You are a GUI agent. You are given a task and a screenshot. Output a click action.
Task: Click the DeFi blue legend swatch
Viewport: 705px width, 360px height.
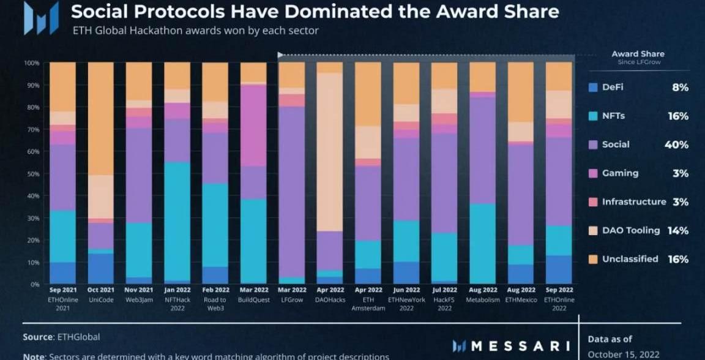click(592, 88)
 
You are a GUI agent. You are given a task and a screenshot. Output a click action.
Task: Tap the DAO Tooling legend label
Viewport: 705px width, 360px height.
click(630, 231)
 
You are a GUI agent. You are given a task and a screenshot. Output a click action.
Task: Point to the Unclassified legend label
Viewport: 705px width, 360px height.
click(630, 259)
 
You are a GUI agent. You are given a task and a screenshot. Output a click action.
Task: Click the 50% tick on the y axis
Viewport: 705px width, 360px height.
click(32, 174)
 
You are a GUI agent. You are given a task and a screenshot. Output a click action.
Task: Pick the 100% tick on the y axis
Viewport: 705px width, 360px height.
click(32, 63)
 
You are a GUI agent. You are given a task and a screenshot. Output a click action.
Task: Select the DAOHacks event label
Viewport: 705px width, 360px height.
click(329, 300)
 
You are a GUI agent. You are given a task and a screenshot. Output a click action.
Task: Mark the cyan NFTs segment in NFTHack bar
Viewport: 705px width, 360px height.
click(177, 220)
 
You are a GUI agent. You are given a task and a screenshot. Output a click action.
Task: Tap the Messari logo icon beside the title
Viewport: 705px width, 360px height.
click(41, 18)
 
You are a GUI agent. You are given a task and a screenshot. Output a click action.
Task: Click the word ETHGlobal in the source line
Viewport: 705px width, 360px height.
click(78, 337)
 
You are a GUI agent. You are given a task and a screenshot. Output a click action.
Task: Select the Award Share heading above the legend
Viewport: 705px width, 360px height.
click(638, 54)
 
